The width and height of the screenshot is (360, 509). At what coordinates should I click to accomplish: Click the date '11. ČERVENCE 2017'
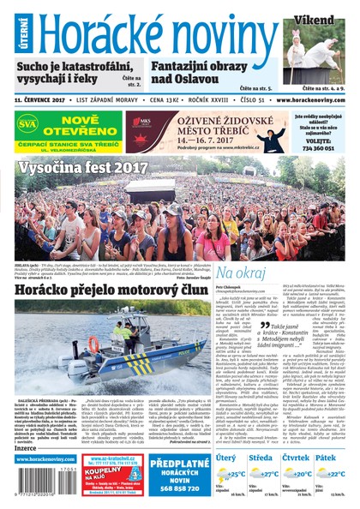coord(43,100)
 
